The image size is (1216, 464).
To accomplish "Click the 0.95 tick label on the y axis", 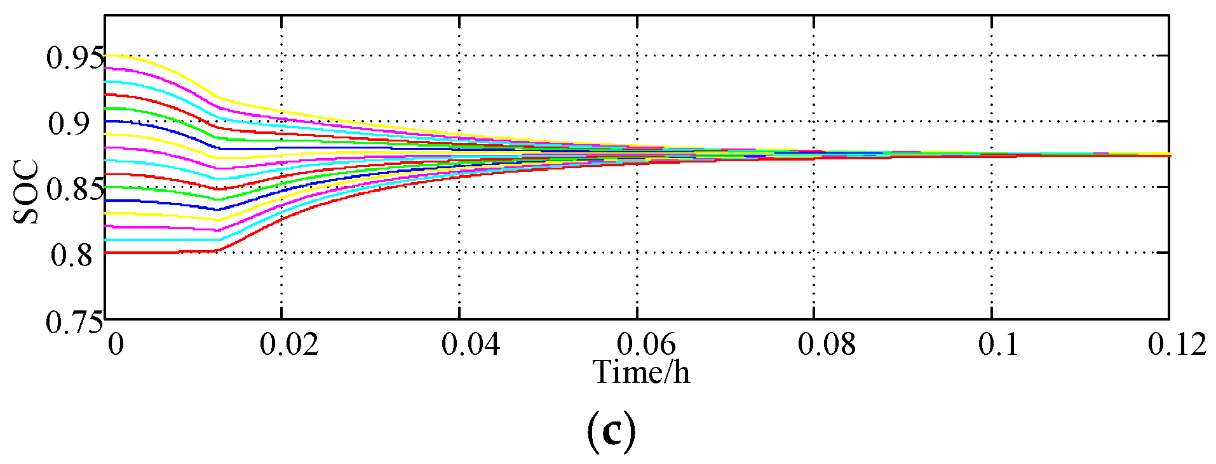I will click(74, 58).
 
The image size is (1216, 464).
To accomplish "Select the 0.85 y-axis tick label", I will click(74, 190).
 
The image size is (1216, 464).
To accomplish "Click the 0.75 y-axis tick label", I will click(74, 322).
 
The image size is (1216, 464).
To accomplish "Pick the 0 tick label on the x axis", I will click(115, 345).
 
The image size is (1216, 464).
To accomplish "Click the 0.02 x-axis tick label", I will click(289, 345).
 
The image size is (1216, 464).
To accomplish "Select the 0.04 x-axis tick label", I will click(470, 345).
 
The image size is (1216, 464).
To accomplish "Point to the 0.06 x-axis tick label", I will click(646, 345).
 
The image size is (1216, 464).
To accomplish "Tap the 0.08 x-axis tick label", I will click(826, 345).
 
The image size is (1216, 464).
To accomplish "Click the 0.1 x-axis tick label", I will click(998, 345).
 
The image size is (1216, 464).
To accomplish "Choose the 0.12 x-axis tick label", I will click(1177, 345).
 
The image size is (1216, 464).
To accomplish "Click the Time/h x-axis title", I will click(641, 372).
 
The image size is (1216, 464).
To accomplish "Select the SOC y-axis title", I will click(27, 192).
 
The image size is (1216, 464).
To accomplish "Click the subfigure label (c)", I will click(611, 432).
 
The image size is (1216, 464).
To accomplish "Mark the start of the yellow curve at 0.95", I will click(107, 56).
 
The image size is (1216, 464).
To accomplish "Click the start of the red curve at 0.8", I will click(107, 253).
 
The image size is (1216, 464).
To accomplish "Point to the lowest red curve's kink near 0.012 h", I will click(217, 250).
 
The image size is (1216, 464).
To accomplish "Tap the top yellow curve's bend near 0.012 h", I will click(216, 98).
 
